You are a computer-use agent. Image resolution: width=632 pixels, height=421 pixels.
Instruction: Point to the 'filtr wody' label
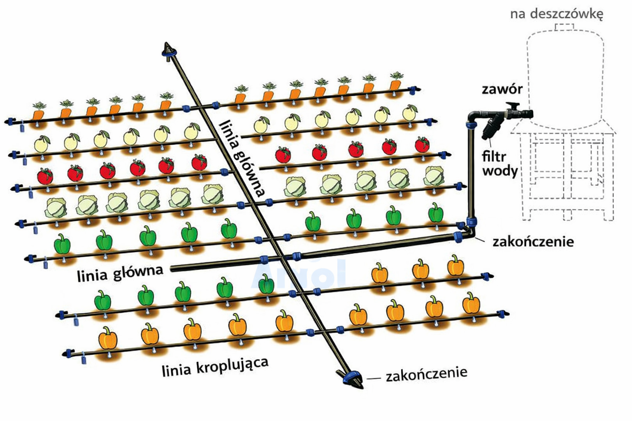click(499, 163)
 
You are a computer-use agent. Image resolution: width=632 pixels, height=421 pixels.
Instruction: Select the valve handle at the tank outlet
click(513, 105)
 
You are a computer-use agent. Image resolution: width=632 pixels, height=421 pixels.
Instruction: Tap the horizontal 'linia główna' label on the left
click(120, 272)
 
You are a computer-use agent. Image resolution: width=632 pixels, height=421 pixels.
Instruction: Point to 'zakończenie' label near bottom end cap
click(426, 374)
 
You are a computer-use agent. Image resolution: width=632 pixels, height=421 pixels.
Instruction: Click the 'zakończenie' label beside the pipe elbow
click(533, 241)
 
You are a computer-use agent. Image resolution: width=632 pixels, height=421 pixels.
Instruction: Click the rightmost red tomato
click(422, 145)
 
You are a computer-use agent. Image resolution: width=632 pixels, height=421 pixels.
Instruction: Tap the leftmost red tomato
click(45, 176)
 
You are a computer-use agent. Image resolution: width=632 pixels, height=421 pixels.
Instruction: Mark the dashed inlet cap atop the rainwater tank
click(564, 27)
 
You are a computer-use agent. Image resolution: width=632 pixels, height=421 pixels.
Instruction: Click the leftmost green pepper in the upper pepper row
click(63, 244)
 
